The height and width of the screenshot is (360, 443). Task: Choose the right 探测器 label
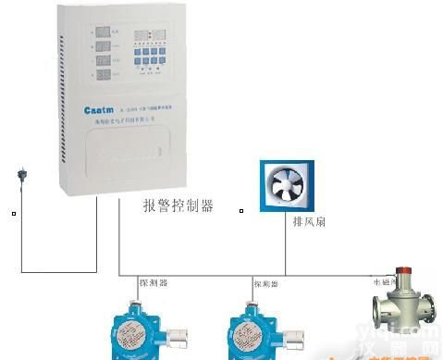tap(265, 283)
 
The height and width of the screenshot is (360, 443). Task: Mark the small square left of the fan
tap(241, 212)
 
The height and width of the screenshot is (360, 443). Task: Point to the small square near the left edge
tap(13, 215)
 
